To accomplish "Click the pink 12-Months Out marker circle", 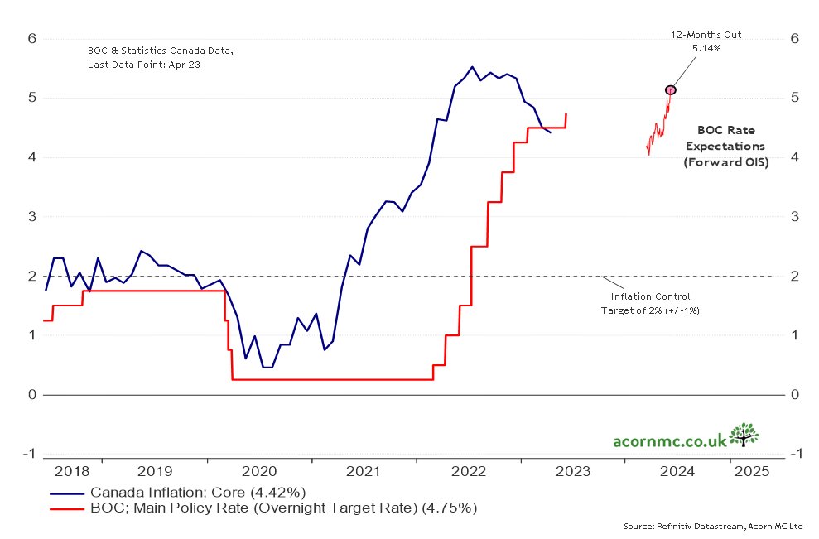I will coord(671,89).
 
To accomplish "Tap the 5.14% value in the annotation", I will coord(706,49).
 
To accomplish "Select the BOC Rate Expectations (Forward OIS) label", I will coord(726,147).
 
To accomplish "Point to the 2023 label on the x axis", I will coord(573,471).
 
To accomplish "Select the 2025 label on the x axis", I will coord(751,471).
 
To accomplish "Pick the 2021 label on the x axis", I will coord(364,471).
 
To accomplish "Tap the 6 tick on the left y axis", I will coord(32,38).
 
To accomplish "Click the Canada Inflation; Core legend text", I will coord(199,491).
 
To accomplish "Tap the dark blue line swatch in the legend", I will coord(66,491).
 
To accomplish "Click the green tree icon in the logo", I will coord(746,434).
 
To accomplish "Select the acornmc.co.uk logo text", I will coord(670,439).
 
